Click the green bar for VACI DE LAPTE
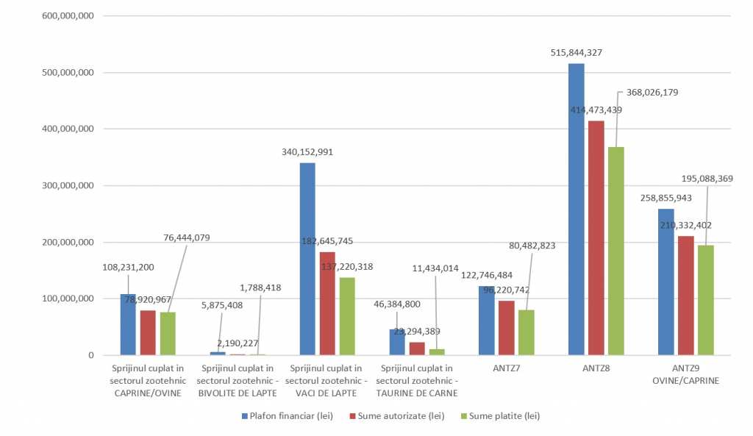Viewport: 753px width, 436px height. [x=346, y=316]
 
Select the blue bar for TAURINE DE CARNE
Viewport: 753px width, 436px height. [x=397, y=342]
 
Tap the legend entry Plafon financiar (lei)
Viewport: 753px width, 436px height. [x=288, y=416]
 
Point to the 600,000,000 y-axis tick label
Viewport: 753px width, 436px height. [x=67, y=16]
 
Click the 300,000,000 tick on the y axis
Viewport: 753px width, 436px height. [x=67, y=186]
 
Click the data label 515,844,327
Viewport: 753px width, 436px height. [x=577, y=52]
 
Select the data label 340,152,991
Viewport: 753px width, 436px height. [x=308, y=152]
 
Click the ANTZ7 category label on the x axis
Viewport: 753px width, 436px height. [x=506, y=368]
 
